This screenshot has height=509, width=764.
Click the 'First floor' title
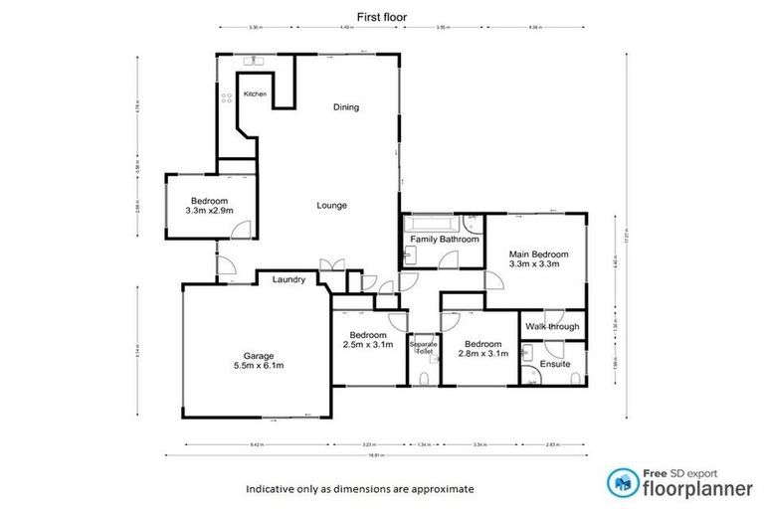[382, 16]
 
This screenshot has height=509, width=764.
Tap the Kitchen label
[256, 93]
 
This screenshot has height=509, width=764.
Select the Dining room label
[345, 107]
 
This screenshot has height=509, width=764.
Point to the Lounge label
[331, 206]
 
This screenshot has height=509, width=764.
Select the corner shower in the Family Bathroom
[473, 223]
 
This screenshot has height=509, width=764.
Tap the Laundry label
[288, 280]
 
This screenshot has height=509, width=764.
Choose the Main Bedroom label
[534, 257]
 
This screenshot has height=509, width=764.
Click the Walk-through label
[552, 326]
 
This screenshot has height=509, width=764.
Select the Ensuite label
[555, 364]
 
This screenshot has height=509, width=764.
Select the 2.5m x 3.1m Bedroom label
[367, 339]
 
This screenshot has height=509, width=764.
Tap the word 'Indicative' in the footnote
[273, 489]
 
